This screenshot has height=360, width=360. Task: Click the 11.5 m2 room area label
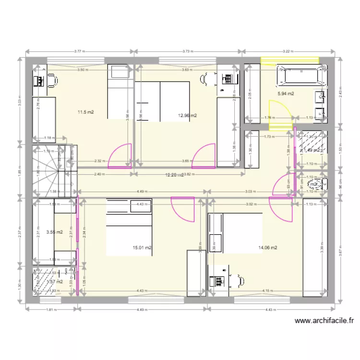click(85, 112)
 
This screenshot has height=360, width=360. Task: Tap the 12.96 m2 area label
click(187, 115)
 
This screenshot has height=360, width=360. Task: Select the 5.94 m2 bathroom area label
click(286, 94)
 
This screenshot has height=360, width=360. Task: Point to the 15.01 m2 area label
click(142, 248)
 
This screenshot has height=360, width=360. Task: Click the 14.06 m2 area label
click(268, 248)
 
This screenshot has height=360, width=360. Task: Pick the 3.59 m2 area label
click(54, 232)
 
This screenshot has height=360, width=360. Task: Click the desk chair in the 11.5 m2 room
click(52, 80)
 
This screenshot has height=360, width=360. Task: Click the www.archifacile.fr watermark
click(324, 321)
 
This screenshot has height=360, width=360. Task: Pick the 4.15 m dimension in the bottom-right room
click(267, 290)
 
